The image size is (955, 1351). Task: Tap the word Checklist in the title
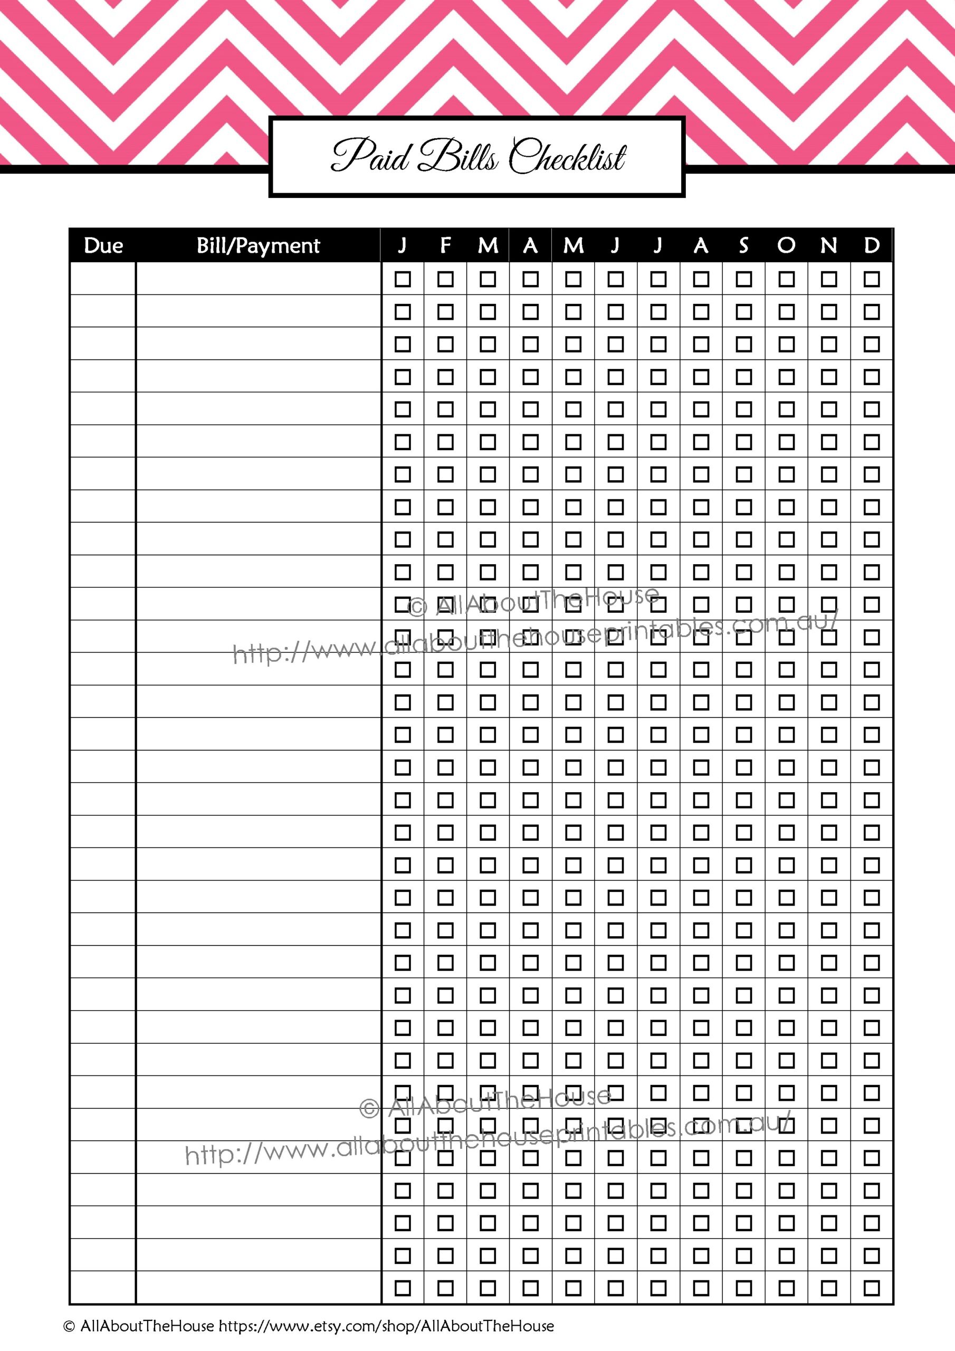(x=567, y=158)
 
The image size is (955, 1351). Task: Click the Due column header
(x=103, y=245)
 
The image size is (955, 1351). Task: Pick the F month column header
(x=445, y=245)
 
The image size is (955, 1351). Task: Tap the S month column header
(x=744, y=245)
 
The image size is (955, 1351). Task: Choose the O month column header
(x=786, y=245)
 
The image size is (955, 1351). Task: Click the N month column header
(x=829, y=245)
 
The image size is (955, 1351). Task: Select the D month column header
(x=872, y=245)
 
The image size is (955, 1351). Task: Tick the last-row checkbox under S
(x=744, y=1288)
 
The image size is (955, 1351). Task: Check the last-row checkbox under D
(x=872, y=1288)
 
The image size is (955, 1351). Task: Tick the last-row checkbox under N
(x=829, y=1288)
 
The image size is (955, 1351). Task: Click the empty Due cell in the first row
(x=103, y=278)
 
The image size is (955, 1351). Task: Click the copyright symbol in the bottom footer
(x=69, y=1326)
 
